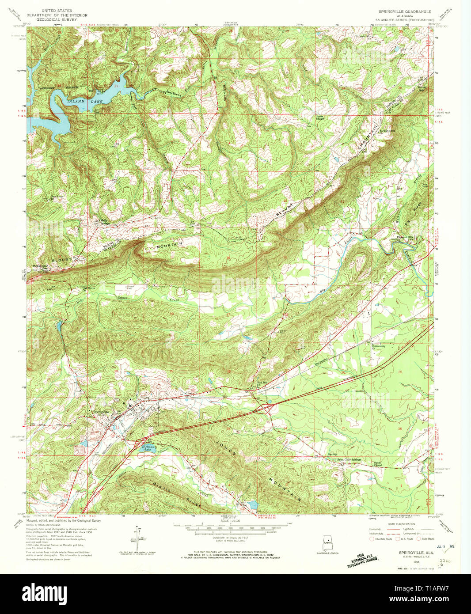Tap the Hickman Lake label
click(x=148, y=448)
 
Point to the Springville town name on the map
click(x=101, y=412)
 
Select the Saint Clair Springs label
click(x=349, y=460)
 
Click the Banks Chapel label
click(x=378, y=464)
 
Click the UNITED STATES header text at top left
click(x=57, y=10)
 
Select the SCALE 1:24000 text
click(x=230, y=521)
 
